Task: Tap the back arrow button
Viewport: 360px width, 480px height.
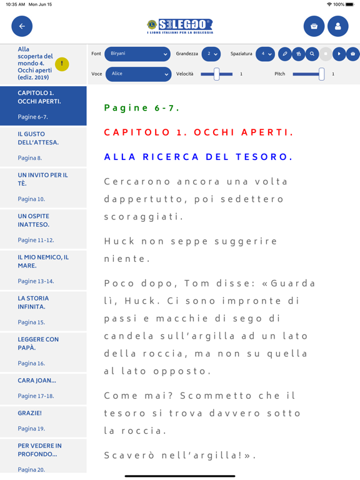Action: coord(22,26)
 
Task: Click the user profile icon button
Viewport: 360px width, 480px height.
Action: coord(337,26)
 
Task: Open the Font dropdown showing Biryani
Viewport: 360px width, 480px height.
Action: coord(137,54)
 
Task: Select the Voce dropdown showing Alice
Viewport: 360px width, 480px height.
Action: coord(137,74)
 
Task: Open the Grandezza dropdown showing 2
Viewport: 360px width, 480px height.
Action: coord(211,54)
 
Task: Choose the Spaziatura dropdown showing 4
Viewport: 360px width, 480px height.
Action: coord(265,54)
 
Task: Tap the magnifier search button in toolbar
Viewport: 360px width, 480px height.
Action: coord(312,54)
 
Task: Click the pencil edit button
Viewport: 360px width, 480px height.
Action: coord(284,54)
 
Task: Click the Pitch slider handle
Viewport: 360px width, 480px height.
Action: coord(321,74)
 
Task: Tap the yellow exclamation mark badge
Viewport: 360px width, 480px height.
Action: coord(62,64)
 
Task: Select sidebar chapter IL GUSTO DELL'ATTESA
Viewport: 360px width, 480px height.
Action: coord(39,138)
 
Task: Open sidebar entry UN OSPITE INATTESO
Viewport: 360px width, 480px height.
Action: coord(34,220)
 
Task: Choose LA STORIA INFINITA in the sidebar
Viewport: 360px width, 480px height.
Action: coord(34,302)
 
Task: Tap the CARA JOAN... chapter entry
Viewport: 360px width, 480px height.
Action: coord(37,380)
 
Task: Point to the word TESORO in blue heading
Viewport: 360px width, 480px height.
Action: coord(264,157)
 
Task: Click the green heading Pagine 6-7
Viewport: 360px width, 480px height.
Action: coord(142,108)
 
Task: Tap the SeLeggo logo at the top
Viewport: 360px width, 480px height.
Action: coord(179,26)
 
